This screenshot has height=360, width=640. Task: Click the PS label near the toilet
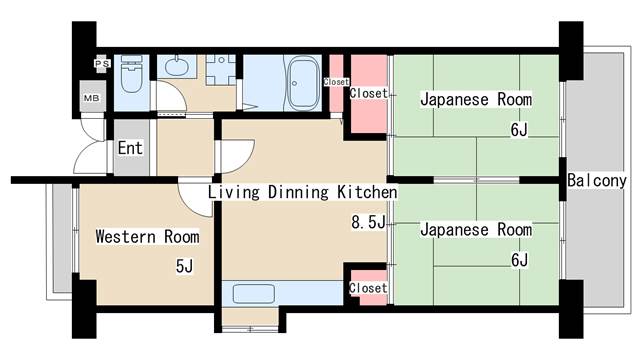pyautogui.click(x=102, y=64)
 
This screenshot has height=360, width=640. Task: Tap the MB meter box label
pyautogui.click(x=91, y=98)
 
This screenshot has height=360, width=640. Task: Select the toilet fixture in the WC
pyautogui.click(x=131, y=75)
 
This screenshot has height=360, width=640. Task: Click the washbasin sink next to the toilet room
pyautogui.click(x=177, y=66)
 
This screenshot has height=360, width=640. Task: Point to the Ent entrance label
pyautogui.click(x=130, y=148)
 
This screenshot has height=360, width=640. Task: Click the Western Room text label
pyautogui.click(x=147, y=237)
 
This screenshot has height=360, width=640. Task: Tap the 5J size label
pyautogui.click(x=184, y=266)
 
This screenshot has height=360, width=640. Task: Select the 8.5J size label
pyautogui.click(x=368, y=222)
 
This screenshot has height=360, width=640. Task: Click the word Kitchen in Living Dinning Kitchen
pyautogui.click(x=367, y=192)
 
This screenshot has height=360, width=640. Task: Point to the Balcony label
pyautogui.click(x=597, y=180)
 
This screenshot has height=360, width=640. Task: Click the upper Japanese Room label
pyautogui.click(x=476, y=99)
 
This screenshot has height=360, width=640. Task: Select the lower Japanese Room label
pyautogui.click(x=476, y=229)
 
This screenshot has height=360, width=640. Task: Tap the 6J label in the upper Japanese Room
pyautogui.click(x=519, y=130)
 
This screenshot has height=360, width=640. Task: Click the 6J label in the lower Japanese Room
pyautogui.click(x=519, y=260)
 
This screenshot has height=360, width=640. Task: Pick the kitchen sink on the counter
pyautogui.click(x=253, y=293)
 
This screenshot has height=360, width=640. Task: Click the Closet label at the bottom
pyautogui.click(x=368, y=288)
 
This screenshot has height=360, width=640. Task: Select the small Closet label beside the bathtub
pyautogui.click(x=336, y=82)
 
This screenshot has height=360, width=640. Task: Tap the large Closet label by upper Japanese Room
pyautogui.click(x=369, y=93)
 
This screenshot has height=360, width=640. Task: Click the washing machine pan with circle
pyautogui.click(x=221, y=70)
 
